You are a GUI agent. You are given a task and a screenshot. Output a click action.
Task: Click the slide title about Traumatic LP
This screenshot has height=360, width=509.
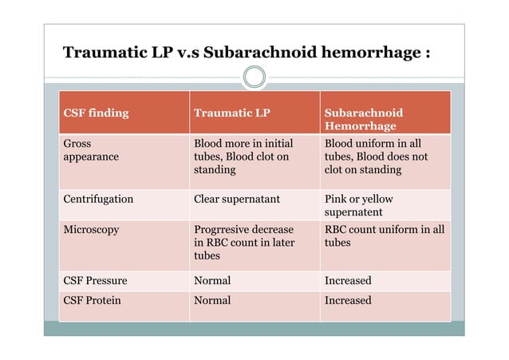(x=247, y=53)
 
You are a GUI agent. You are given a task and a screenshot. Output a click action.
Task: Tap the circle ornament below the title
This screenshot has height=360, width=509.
(x=254, y=77)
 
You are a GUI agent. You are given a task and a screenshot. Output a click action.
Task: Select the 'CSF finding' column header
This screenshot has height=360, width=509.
(x=96, y=113)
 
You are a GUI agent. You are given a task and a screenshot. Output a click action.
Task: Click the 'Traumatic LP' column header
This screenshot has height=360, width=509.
(x=232, y=113)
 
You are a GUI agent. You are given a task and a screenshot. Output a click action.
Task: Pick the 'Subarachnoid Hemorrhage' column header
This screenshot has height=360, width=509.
(x=364, y=119)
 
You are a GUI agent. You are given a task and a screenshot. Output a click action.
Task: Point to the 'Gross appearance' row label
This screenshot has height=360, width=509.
(x=91, y=150)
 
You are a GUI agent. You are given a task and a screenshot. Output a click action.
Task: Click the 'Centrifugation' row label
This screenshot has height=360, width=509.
(x=98, y=199)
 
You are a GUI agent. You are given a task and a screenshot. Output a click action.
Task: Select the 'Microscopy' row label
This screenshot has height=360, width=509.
(x=91, y=229)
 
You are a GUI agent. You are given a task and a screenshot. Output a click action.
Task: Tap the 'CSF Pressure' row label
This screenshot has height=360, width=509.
(x=95, y=281)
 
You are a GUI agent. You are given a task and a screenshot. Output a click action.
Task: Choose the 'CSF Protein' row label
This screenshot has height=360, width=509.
(x=93, y=300)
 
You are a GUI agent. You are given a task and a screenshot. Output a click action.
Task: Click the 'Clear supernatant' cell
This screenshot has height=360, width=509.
(x=237, y=199)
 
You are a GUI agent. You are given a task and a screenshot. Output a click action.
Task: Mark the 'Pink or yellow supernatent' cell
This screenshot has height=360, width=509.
(x=359, y=205)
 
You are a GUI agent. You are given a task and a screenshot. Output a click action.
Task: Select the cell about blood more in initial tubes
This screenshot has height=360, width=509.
(x=243, y=156)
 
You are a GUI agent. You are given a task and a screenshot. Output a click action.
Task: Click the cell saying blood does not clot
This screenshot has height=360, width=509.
(x=376, y=156)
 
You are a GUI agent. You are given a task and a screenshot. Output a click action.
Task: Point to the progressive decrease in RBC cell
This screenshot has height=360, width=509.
(x=244, y=243)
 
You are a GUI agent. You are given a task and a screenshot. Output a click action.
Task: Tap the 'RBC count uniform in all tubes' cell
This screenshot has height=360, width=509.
(x=384, y=235)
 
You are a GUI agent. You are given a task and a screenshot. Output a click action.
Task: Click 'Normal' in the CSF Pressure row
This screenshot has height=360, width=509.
(x=212, y=281)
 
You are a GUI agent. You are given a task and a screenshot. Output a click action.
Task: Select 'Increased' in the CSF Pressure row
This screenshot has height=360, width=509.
(x=348, y=281)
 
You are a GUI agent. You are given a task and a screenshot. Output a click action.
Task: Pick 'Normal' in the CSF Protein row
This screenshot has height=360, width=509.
(x=212, y=300)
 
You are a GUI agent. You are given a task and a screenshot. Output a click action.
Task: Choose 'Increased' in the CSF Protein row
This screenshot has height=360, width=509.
(x=348, y=300)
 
